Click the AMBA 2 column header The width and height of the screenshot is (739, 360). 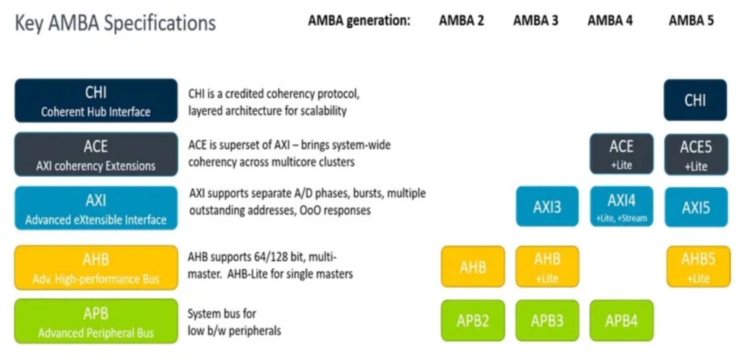click(461, 21)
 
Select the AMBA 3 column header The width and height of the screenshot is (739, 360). click(536, 21)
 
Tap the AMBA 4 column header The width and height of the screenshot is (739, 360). click(610, 21)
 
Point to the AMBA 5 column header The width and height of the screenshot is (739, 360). click(691, 21)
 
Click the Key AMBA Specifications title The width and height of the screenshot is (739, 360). click(115, 23)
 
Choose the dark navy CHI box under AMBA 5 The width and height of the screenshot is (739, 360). click(695, 100)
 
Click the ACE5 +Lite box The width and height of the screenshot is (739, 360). click(696, 154)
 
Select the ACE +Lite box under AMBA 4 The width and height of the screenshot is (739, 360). click(621, 154)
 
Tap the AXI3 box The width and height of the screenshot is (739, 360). click(547, 206)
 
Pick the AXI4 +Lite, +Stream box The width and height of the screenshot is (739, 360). click(621, 206)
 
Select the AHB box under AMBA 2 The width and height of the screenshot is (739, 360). click(473, 266)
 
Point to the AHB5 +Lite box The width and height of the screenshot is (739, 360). click(698, 266)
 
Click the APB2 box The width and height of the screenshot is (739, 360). click(473, 320)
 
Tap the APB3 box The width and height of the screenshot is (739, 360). click(547, 320)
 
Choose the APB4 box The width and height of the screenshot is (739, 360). click(621, 320)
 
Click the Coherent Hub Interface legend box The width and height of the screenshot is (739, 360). click(96, 100)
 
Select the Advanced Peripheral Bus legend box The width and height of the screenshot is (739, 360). click(96, 321)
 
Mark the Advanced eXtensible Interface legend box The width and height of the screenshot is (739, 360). click(96, 208)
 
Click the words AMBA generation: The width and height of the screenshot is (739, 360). click(359, 21)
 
